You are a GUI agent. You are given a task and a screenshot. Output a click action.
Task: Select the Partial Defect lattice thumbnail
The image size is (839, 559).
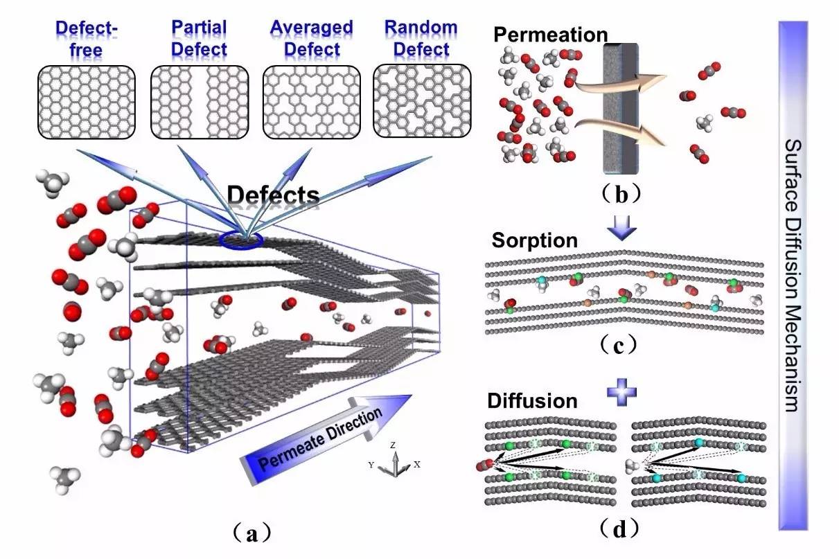[x=199, y=101]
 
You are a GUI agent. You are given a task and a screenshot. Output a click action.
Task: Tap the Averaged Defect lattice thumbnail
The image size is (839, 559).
[x=311, y=101]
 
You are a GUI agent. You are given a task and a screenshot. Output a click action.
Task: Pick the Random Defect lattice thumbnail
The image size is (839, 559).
[x=422, y=101]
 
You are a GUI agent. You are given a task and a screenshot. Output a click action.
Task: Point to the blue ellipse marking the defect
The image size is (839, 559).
[x=240, y=240]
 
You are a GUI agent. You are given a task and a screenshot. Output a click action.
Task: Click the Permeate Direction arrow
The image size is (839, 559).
[x=326, y=434]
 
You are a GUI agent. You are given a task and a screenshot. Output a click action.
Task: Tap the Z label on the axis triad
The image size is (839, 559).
[x=393, y=445]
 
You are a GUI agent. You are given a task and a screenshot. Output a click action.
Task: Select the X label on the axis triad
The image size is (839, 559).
[x=417, y=465]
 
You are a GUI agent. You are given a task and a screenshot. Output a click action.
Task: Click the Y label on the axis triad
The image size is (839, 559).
[x=371, y=465]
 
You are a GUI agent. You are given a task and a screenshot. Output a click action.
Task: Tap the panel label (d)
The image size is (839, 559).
[x=620, y=530]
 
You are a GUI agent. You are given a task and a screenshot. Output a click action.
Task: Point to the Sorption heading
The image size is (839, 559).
[x=534, y=241]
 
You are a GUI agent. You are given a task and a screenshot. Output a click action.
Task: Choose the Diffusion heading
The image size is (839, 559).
[x=532, y=401]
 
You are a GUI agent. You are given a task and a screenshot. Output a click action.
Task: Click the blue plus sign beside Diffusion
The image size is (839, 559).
[x=621, y=393]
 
